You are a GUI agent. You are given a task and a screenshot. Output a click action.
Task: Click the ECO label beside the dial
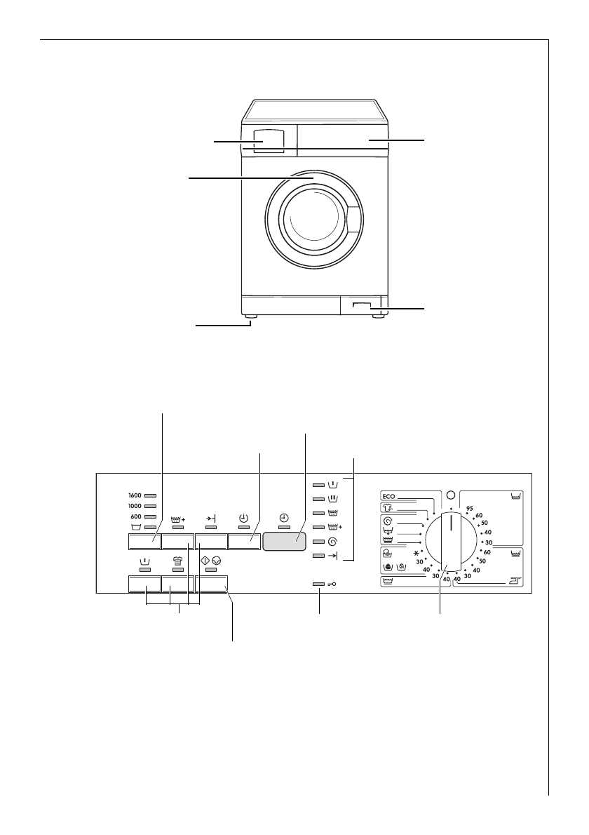pos(390,494)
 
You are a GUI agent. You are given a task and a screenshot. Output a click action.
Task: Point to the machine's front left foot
pos(250,318)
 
